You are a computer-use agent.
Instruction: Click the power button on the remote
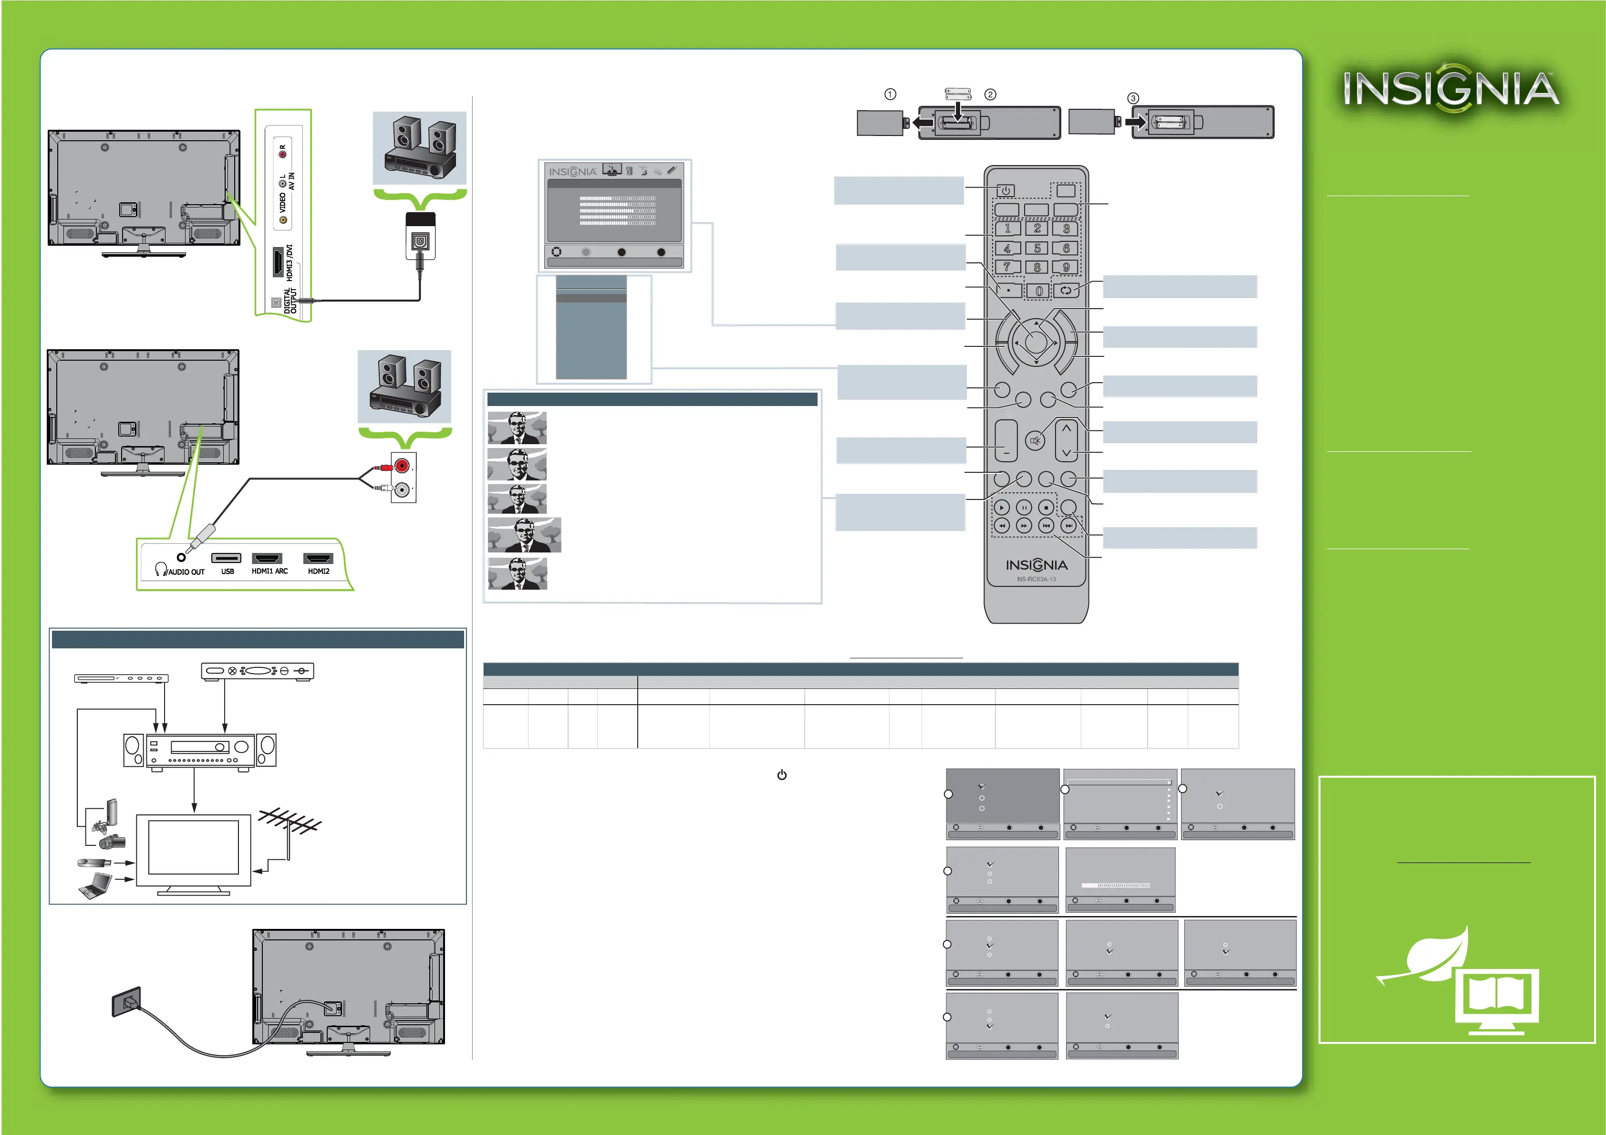pyautogui.click(x=1005, y=190)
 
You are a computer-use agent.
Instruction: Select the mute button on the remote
pyautogui.click(x=1035, y=441)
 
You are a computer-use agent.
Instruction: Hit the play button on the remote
pyautogui.click(x=1002, y=507)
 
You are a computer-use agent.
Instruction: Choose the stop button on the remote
pyautogui.click(x=1046, y=507)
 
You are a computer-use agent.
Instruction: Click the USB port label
pyautogui.click(x=228, y=571)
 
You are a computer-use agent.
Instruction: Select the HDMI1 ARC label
pyautogui.click(x=269, y=571)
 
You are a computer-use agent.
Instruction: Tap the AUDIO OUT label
pyautogui.click(x=186, y=572)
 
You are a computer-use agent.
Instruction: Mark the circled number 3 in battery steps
pyautogui.click(x=1133, y=98)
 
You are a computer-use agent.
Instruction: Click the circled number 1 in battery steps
pyautogui.click(x=891, y=94)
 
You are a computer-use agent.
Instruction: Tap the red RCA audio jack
pyautogui.click(x=402, y=465)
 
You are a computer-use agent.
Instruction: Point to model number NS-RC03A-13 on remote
pyautogui.click(x=1036, y=579)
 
